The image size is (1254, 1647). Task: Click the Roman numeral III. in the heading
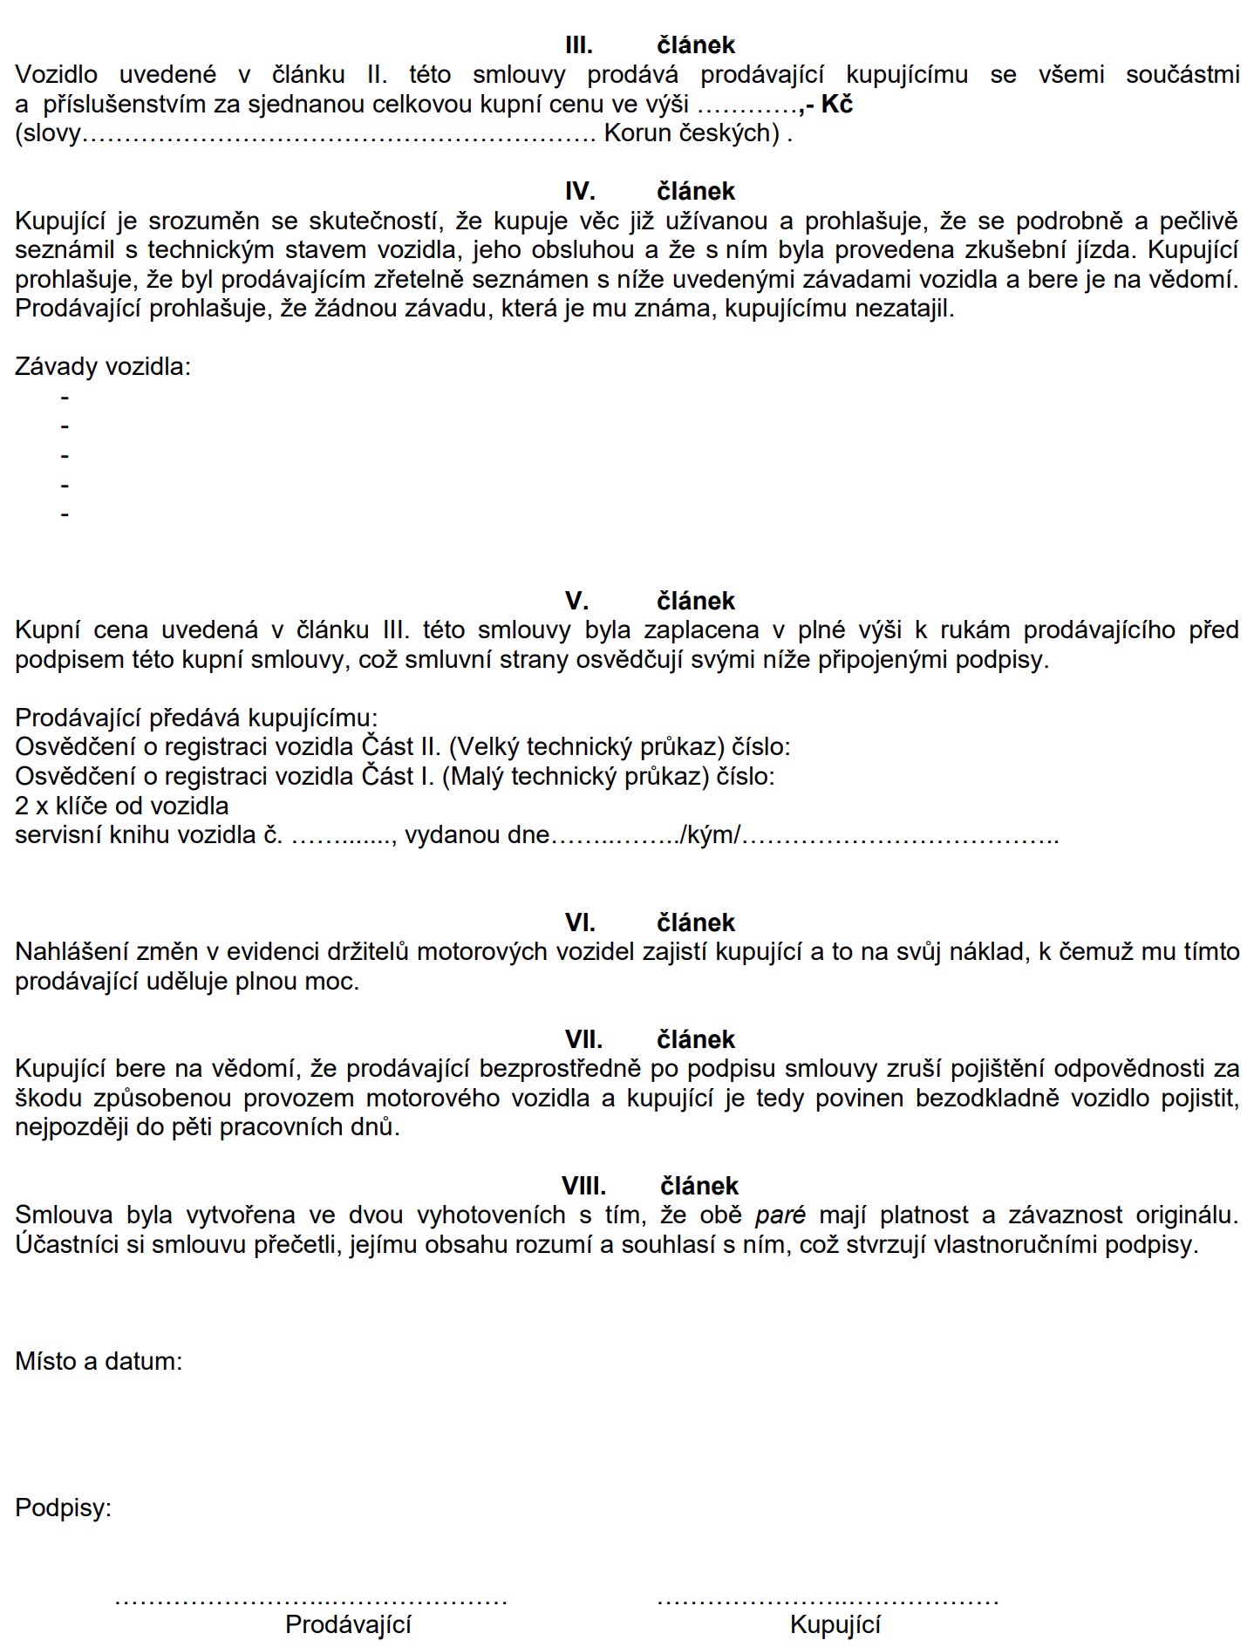tap(579, 45)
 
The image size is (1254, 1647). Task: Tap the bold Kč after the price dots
tap(836, 105)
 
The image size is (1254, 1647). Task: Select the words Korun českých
tap(692, 133)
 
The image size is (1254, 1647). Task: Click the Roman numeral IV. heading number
tap(580, 192)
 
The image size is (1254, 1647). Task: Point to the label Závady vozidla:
tap(103, 366)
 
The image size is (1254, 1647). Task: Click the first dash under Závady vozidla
tap(65, 398)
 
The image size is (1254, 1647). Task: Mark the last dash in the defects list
tap(65, 514)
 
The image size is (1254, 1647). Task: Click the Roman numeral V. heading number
tap(576, 601)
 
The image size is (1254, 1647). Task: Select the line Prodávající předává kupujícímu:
tap(196, 718)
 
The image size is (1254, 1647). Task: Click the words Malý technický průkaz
tap(576, 776)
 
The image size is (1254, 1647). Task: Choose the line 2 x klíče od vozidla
tap(122, 806)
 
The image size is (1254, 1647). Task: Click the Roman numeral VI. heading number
tap(580, 922)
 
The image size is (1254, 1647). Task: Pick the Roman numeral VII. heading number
tap(583, 1039)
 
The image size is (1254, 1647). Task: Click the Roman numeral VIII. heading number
tap(583, 1186)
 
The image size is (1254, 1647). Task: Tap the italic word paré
tap(780, 1215)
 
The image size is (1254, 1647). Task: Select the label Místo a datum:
tap(99, 1361)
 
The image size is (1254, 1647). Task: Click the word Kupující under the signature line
tap(835, 1624)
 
